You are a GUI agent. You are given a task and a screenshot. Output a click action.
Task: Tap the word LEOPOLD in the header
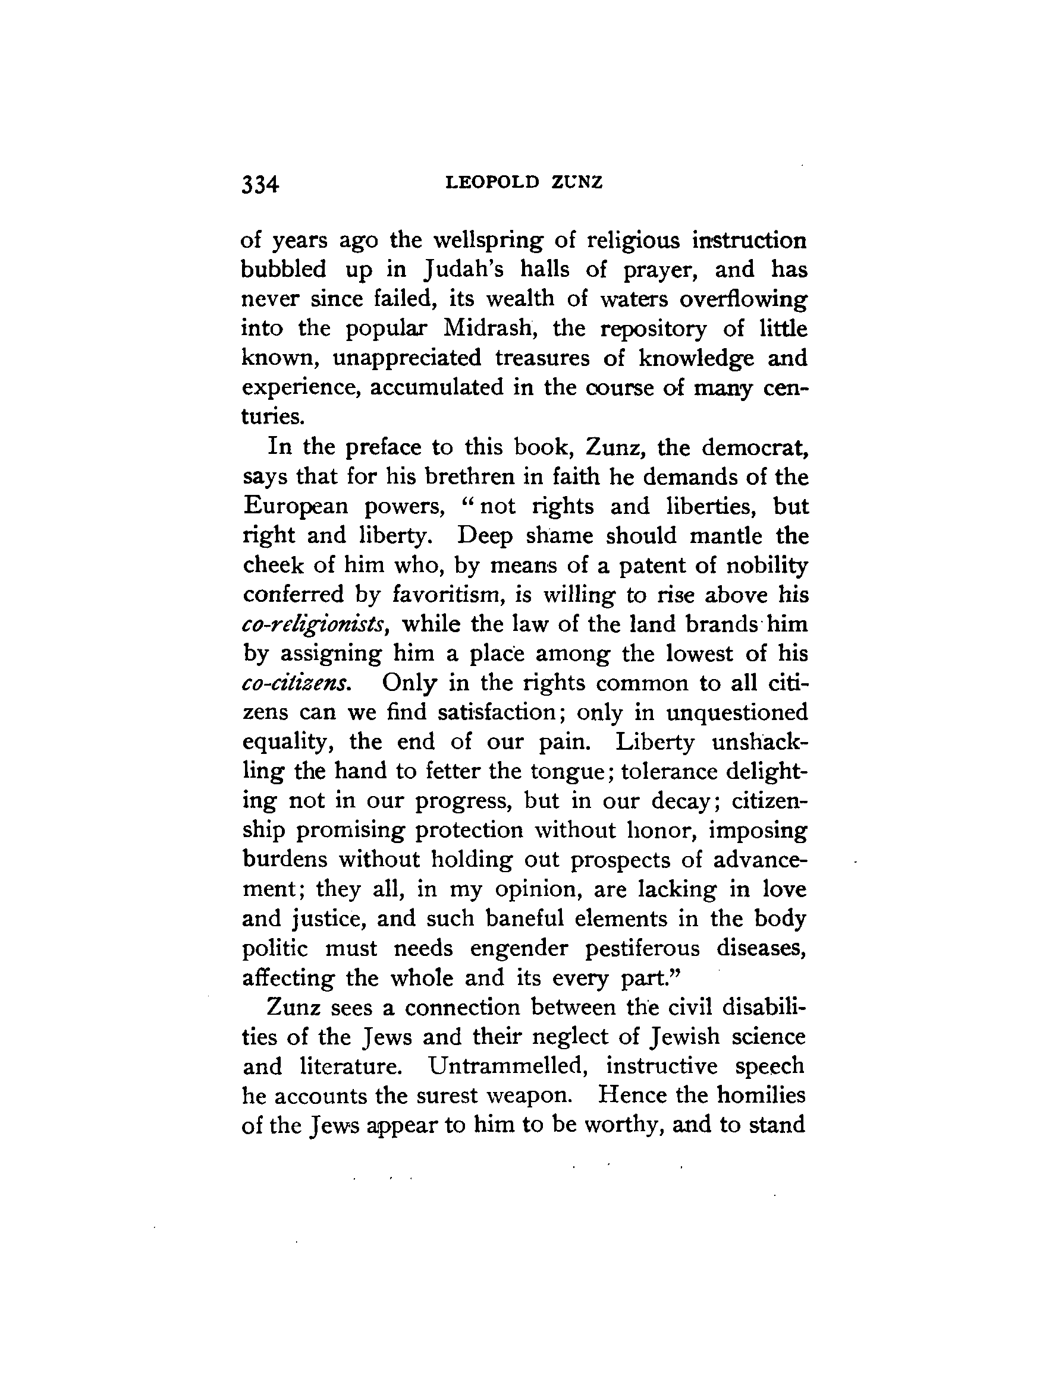(492, 182)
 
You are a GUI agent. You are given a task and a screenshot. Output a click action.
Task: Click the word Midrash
(489, 328)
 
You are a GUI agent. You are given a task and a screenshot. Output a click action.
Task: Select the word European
(295, 507)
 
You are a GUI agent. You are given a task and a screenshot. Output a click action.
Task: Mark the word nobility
(767, 565)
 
